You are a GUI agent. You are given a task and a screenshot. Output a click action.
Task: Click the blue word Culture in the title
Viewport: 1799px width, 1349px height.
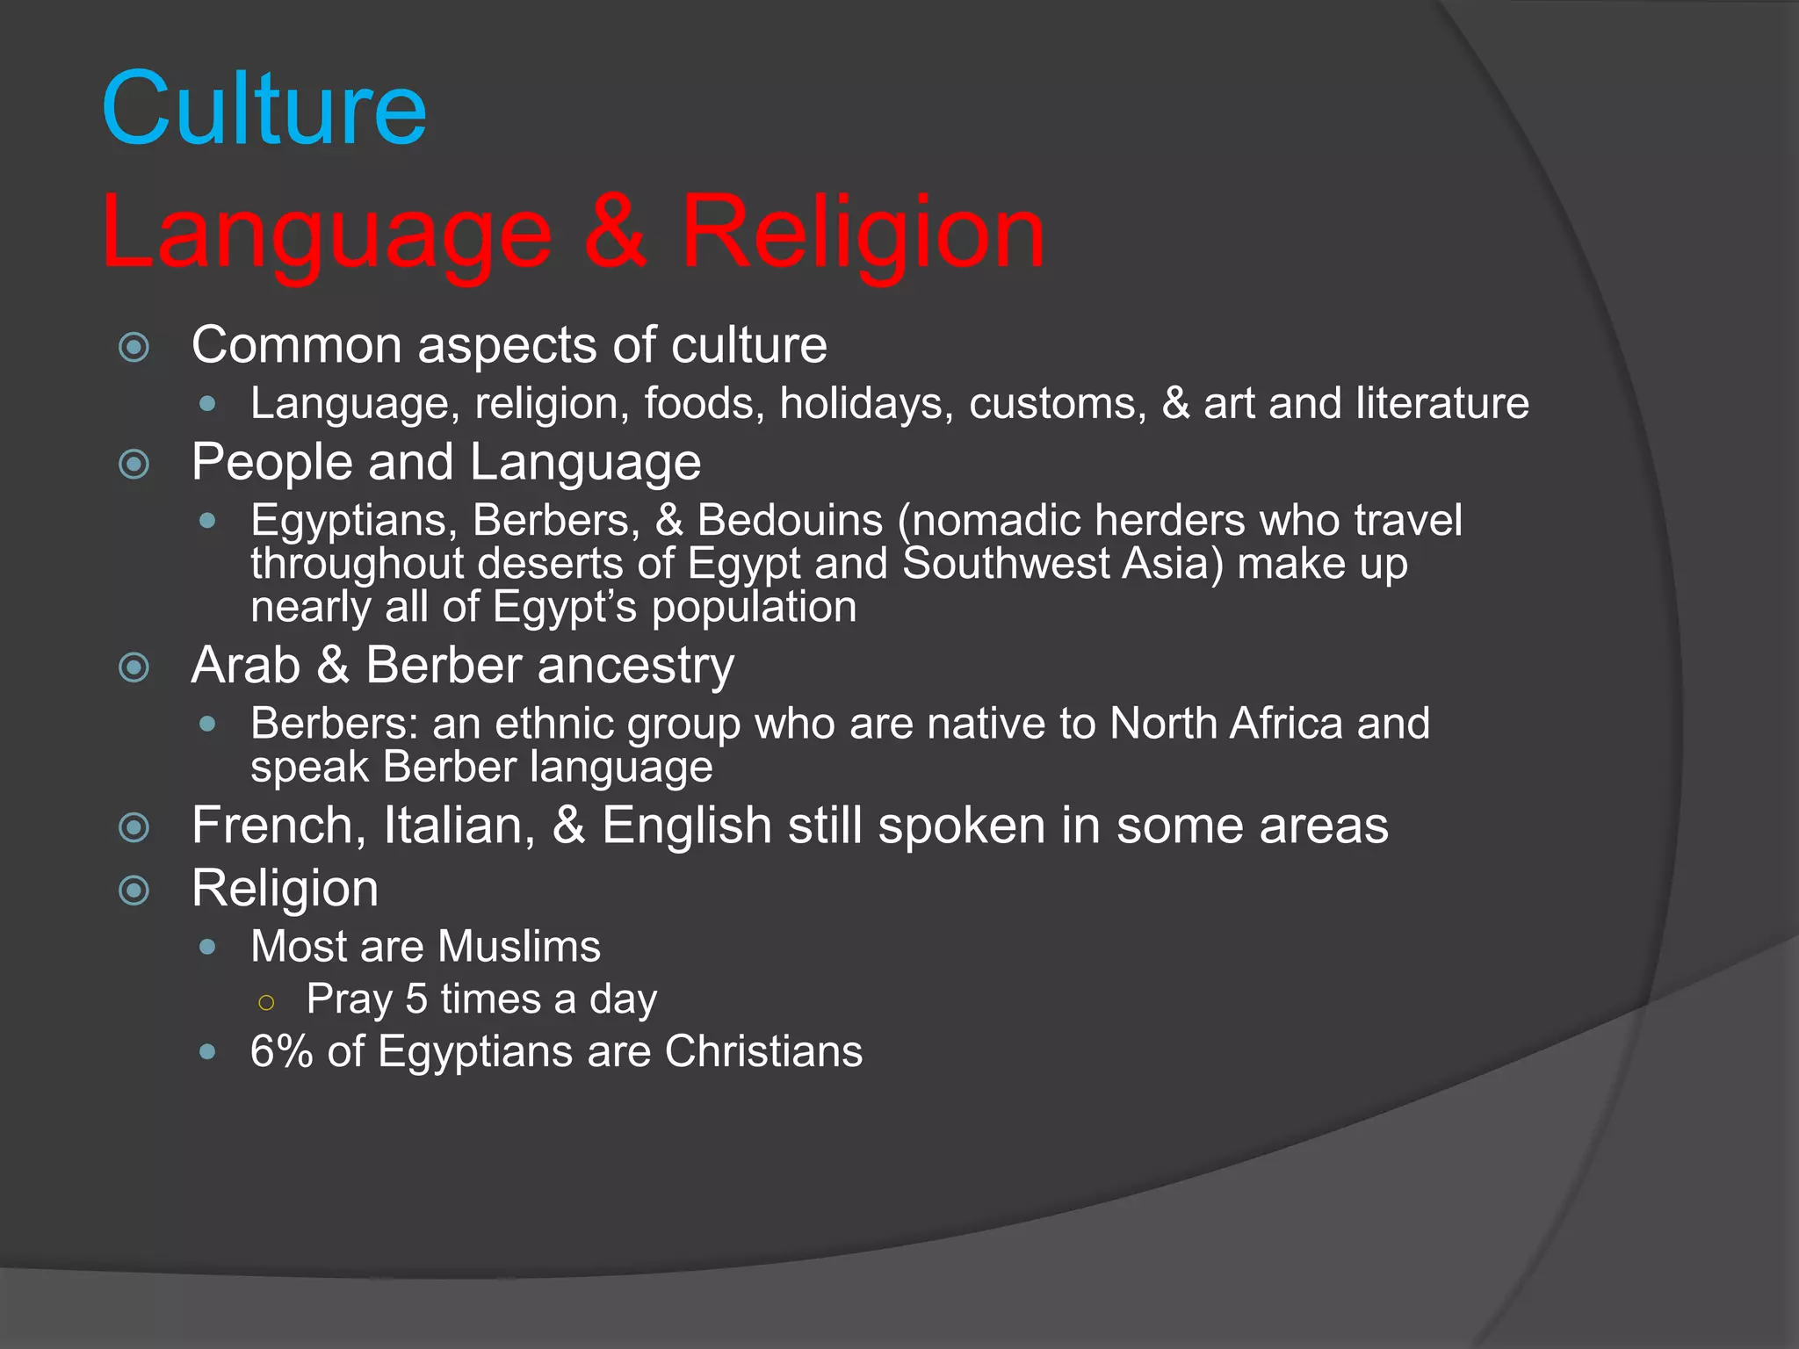pyautogui.click(x=264, y=109)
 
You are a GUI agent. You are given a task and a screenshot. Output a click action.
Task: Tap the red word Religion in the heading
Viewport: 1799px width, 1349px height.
pyautogui.click(x=863, y=232)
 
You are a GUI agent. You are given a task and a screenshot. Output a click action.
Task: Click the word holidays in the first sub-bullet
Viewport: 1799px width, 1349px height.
pyautogui.click(x=866, y=404)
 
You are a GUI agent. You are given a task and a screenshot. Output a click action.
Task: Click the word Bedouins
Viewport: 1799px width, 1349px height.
pyautogui.click(x=790, y=520)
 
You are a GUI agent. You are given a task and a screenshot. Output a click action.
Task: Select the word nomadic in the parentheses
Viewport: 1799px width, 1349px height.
pyautogui.click(x=996, y=520)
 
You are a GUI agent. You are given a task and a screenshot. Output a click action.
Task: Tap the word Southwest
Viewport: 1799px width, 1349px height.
pyautogui.click(x=1006, y=564)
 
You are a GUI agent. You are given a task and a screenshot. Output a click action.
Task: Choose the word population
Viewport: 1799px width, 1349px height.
pyautogui.click(x=754, y=608)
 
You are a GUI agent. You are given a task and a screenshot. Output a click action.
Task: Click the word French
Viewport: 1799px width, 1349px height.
pyautogui.click(x=272, y=826)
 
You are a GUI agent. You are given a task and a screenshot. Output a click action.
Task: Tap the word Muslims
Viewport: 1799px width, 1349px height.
pyautogui.click(x=519, y=947)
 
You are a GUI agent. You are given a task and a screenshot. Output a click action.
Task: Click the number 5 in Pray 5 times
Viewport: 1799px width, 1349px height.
pyautogui.click(x=416, y=999)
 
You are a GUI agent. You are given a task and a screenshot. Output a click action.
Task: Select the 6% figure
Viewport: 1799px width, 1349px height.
pyautogui.click(x=281, y=1051)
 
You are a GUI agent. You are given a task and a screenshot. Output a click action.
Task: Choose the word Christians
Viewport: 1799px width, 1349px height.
pyautogui.click(x=763, y=1051)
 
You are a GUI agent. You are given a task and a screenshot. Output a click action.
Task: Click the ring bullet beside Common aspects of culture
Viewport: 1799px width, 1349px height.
pyautogui.click(x=134, y=347)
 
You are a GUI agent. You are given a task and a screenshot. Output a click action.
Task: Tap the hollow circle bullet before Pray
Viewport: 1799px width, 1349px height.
pyautogui.click(x=267, y=1002)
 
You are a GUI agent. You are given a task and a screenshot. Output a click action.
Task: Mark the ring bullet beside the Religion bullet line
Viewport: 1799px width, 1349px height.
pyautogui.click(x=134, y=891)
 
